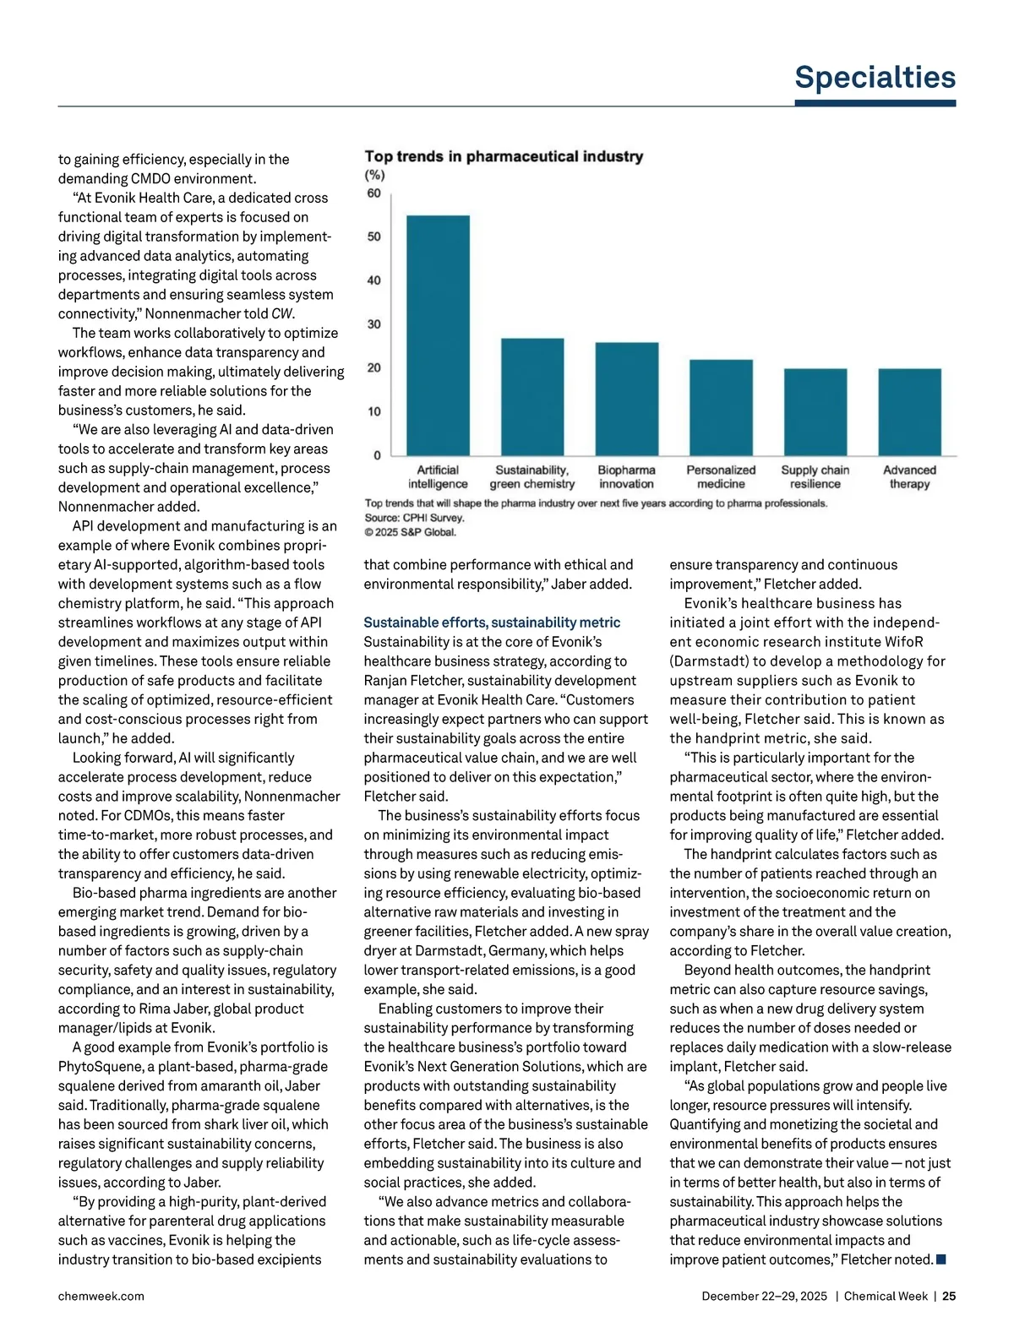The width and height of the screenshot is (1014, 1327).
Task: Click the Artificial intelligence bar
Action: pyautogui.click(x=438, y=335)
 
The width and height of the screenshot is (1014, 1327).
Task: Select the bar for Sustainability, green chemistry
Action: pyautogui.click(x=532, y=397)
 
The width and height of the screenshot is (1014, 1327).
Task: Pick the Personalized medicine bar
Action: pyautogui.click(x=721, y=407)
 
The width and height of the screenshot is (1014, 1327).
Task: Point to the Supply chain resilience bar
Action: pyautogui.click(x=815, y=411)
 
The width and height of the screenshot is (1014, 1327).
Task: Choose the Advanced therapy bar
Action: pyautogui.click(x=909, y=411)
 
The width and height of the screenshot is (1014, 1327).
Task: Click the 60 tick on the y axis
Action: pyautogui.click(x=373, y=193)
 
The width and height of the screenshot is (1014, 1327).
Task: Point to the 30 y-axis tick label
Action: pyautogui.click(x=373, y=324)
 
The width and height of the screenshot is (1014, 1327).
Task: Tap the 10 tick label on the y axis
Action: pyautogui.click(x=373, y=412)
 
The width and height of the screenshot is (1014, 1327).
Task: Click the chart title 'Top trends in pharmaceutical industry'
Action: pyautogui.click(x=504, y=156)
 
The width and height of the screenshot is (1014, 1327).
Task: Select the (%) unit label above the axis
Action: pyautogui.click(x=374, y=175)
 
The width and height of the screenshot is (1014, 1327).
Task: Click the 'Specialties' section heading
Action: pyautogui.click(x=875, y=77)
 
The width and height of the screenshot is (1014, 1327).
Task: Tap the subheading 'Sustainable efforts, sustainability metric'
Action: pyautogui.click(x=492, y=623)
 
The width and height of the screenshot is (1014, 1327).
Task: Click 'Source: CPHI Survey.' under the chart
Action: pyautogui.click(x=414, y=518)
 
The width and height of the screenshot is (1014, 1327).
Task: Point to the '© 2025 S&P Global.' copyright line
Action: pyautogui.click(x=410, y=532)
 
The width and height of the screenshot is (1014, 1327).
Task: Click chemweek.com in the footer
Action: pyautogui.click(x=101, y=1296)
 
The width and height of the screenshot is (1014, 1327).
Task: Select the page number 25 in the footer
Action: pyautogui.click(x=949, y=1296)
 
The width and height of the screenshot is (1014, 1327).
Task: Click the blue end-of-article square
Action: pyautogui.click(x=941, y=1259)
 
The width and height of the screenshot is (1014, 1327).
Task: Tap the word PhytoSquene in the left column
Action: pyautogui.click(x=97, y=1067)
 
